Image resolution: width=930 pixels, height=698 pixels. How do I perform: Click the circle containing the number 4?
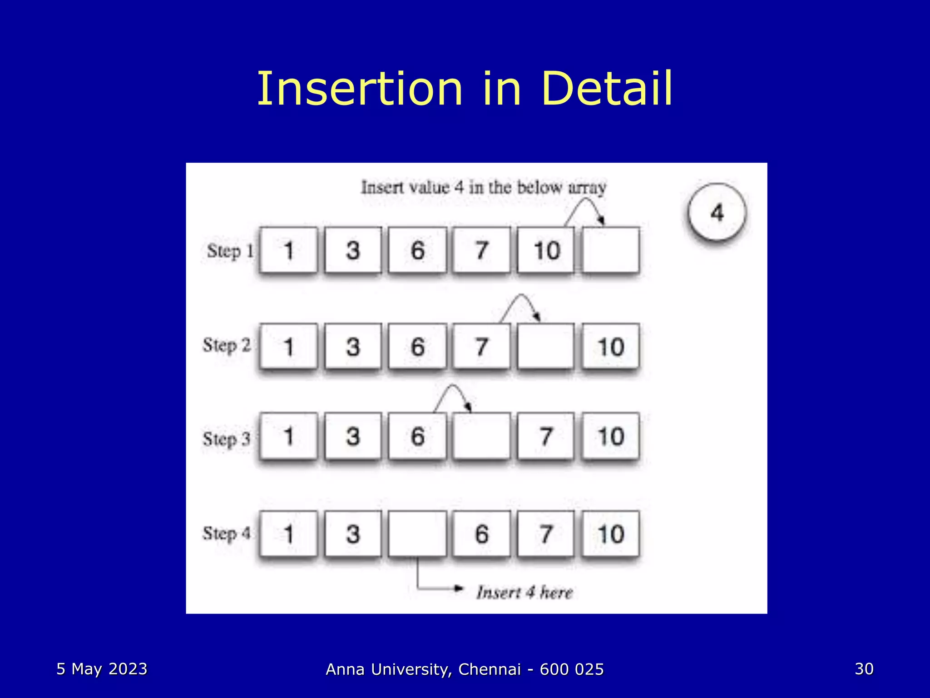[x=717, y=213]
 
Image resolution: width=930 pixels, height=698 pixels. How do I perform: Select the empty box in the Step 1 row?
[x=611, y=250]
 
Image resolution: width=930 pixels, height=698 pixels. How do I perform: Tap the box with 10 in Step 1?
[x=546, y=250]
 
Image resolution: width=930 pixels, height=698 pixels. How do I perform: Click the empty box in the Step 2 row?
[x=546, y=347]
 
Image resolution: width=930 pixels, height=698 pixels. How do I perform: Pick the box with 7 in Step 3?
[x=546, y=436]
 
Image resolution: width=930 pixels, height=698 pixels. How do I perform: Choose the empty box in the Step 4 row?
[x=417, y=533]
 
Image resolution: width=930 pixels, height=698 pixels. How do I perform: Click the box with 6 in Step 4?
[x=482, y=533]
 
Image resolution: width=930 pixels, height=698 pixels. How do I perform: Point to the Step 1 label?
[x=230, y=251]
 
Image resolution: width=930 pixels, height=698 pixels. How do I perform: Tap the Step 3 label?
[x=226, y=439]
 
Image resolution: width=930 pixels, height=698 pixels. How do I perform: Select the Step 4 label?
[x=226, y=533]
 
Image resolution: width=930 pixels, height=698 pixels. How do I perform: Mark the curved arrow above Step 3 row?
[x=453, y=396]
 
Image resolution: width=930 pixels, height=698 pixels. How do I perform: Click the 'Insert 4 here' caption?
[x=524, y=593]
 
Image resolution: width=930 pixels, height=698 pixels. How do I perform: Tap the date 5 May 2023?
[x=102, y=669]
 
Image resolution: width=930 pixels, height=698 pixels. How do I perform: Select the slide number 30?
[x=864, y=669]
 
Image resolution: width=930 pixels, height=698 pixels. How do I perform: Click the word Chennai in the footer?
[x=490, y=669]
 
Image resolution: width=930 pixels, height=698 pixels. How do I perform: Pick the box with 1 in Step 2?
[x=288, y=347]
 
